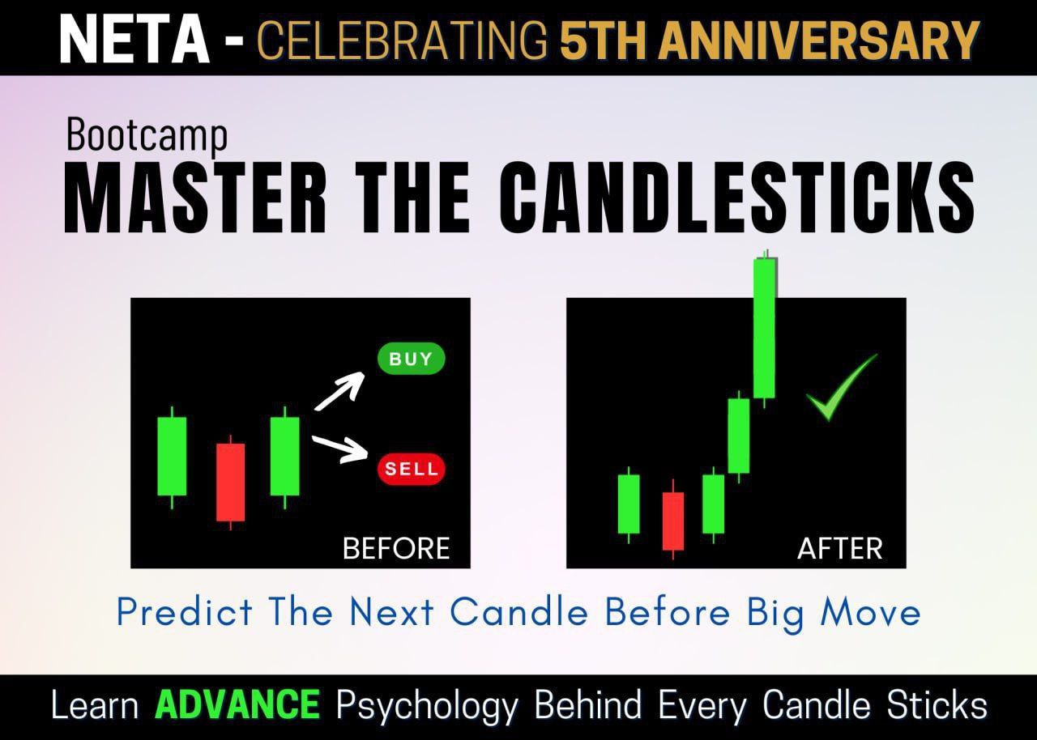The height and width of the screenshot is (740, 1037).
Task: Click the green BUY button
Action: [x=411, y=359]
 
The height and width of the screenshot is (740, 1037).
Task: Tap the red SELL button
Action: [x=411, y=469]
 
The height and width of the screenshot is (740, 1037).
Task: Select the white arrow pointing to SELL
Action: [x=340, y=449]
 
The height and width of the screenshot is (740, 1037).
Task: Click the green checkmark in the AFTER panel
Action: [x=840, y=389]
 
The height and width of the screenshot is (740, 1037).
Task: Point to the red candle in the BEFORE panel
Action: [x=230, y=482]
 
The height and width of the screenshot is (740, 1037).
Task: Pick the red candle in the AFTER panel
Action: [x=672, y=521]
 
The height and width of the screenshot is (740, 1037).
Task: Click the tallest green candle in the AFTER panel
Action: [x=764, y=328]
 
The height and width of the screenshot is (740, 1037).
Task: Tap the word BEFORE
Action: [x=396, y=549]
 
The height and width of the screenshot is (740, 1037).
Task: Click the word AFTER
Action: [x=840, y=549]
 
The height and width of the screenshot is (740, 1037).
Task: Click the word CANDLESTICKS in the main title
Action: [x=736, y=198]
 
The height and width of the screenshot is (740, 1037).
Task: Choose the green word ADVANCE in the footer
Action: [x=237, y=705]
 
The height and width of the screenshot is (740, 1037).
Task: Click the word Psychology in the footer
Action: [x=427, y=706]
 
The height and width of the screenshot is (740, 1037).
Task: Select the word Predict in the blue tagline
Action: [x=185, y=612]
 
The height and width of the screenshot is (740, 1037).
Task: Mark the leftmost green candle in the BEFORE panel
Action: [x=172, y=456]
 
